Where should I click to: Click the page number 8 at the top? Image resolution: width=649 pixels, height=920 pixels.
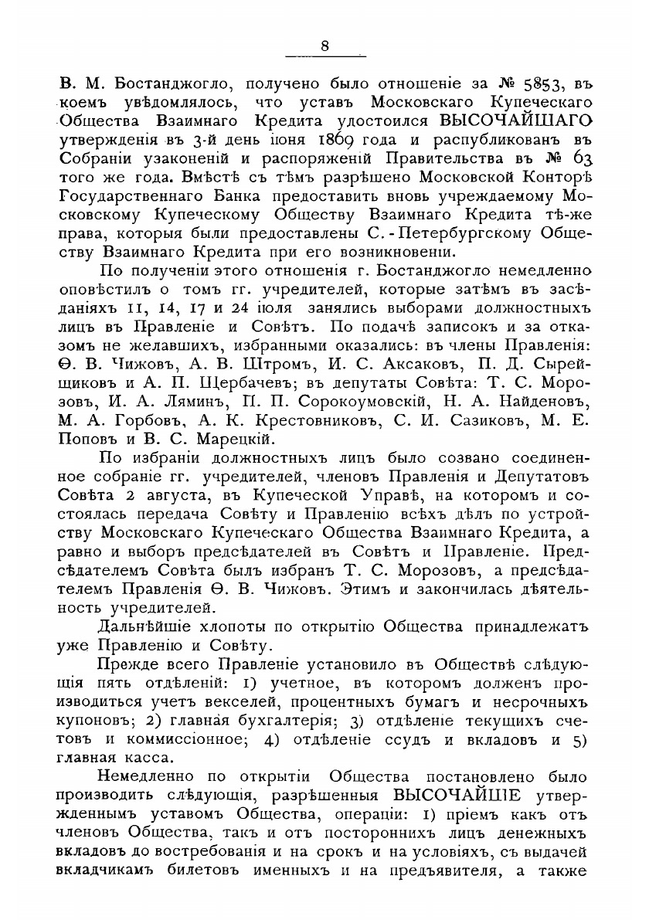[324, 46]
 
